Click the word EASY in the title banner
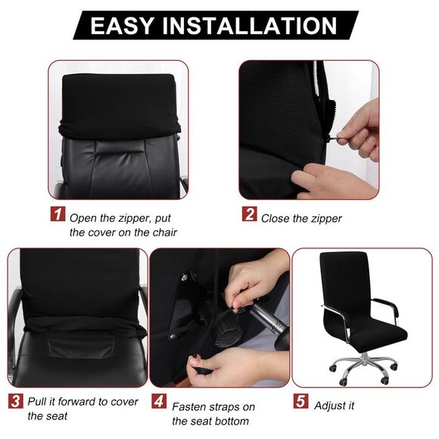tap(124, 26)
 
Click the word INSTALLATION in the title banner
tap(251, 26)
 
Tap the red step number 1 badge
tap(58, 214)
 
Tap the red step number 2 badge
tap(249, 214)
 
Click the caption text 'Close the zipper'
tap(301, 219)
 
